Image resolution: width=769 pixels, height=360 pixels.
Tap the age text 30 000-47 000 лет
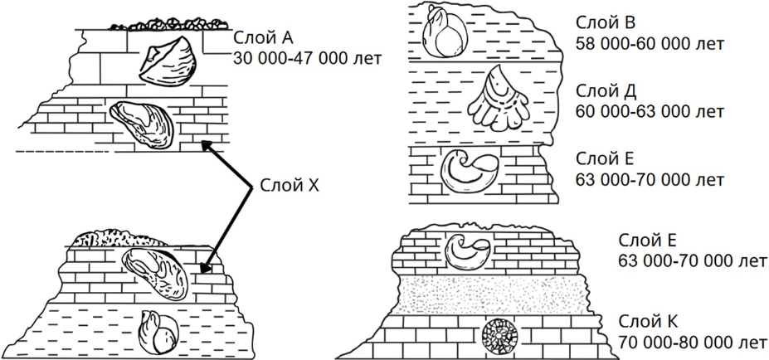point(308,58)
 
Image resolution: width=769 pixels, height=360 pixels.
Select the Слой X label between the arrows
point(290,186)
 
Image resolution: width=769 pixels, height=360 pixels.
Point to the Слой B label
point(606,22)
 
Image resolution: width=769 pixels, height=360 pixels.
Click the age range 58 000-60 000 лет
point(650,44)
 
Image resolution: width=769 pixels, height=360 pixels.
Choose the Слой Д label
point(606,92)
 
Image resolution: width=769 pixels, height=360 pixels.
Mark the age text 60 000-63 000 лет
point(650,111)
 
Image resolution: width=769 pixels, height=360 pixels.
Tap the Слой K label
point(649,322)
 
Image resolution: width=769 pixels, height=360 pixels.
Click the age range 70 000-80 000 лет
point(693,343)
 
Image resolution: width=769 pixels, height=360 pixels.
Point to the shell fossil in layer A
point(168,61)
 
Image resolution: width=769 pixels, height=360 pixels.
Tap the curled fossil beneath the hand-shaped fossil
point(470,170)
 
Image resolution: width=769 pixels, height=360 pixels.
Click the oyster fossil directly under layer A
point(141,124)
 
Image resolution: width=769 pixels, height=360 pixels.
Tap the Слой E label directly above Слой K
point(647,241)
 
